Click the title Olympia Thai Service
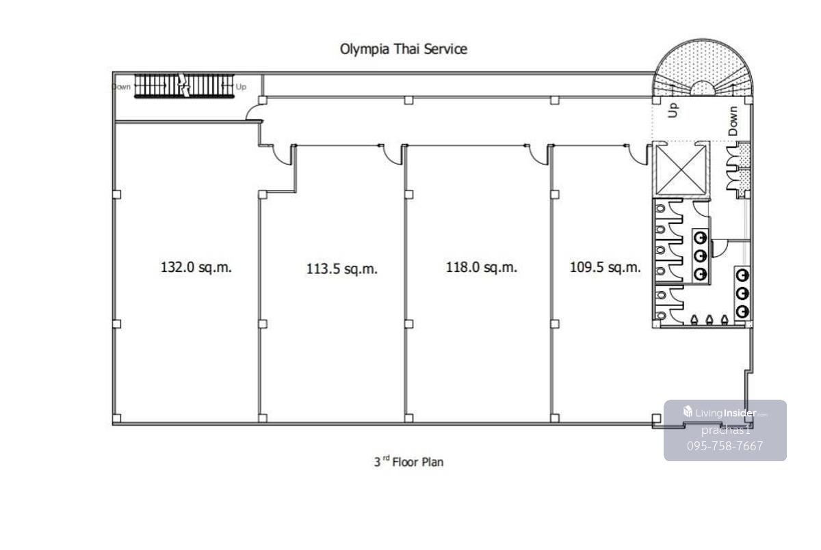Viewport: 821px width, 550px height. click(x=404, y=49)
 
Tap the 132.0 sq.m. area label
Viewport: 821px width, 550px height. click(x=196, y=267)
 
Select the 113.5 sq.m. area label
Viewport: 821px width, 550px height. click(x=342, y=269)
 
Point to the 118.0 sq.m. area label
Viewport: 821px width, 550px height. click(x=482, y=268)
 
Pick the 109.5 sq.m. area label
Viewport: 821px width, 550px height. click(x=605, y=268)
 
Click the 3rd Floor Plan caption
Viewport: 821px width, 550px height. click(x=408, y=462)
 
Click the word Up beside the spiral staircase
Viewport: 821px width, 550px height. click(x=673, y=110)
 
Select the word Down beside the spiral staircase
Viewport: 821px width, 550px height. click(x=733, y=120)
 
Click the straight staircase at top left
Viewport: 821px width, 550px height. click(x=183, y=86)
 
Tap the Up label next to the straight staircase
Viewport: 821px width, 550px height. click(x=241, y=87)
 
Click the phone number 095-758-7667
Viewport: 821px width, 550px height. click(x=725, y=446)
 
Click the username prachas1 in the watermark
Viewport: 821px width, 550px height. click(x=726, y=430)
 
